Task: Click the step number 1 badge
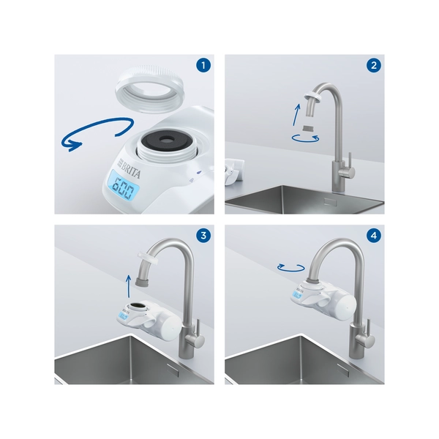pyautogui.click(x=203, y=65)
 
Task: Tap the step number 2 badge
pyautogui.click(x=373, y=65)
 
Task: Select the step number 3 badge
pyautogui.click(x=203, y=236)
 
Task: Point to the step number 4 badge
pyautogui.click(x=373, y=236)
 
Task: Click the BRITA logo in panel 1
pyautogui.click(x=129, y=168)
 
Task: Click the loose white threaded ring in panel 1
pyautogui.click(x=149, y=88)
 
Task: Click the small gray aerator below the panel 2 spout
pyautogui.click(x=309, y=129)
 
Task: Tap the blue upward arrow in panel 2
pyautogui.click(x=296, y=115)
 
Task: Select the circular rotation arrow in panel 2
pyautogui.click(x=305, y=138)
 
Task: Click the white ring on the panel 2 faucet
pyautogui.click(x=312, y=98)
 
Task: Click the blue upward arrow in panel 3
pyautogui.click(x=128, y=285)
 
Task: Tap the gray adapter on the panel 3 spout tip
pyautogui.click(x=142, y=281)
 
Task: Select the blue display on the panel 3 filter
pyautogui.click(x=124, y=317)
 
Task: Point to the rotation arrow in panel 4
pyautogui.click(x=291, y=268)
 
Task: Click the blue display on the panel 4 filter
pyautogui.click(x=297, y=295)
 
